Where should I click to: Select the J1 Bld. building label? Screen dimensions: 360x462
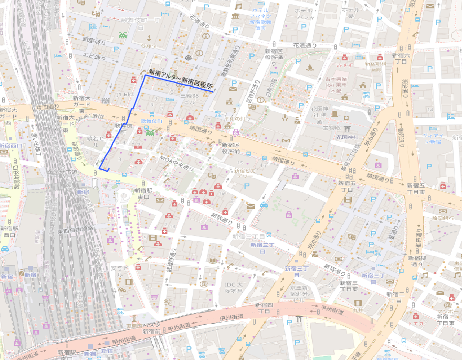[125, 94]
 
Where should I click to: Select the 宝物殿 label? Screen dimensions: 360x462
[331, 128]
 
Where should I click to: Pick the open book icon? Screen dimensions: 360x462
[213, 261]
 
